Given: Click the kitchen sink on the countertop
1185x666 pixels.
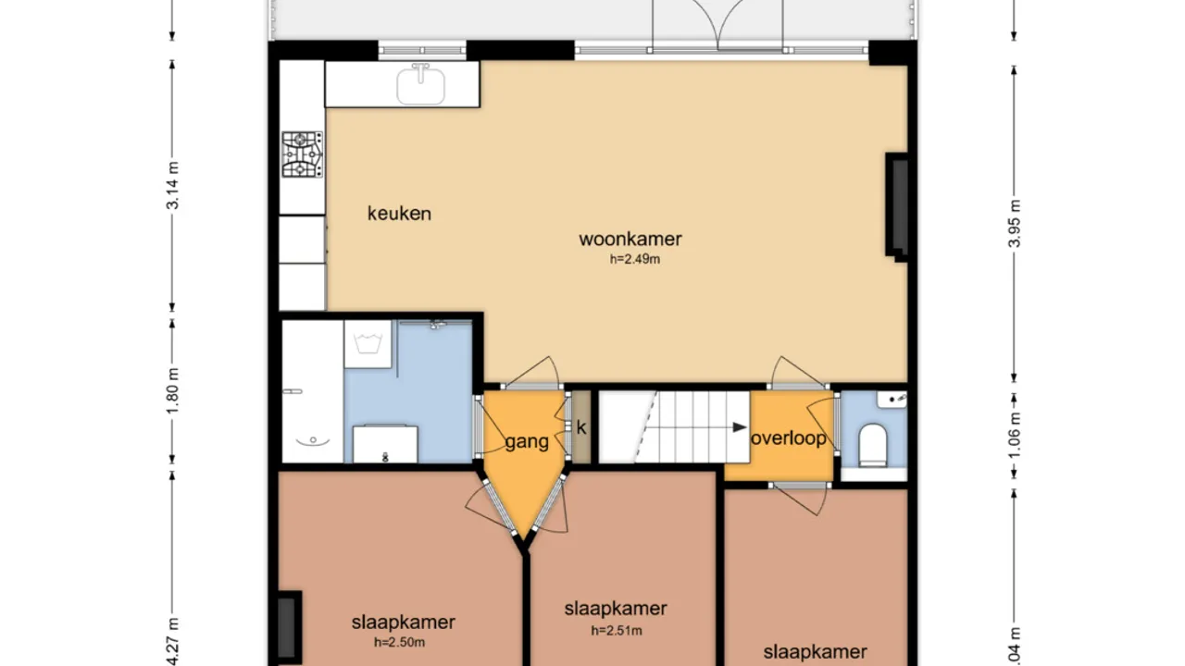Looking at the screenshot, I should point(421,85).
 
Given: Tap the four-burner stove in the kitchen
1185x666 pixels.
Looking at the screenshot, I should point(303,154).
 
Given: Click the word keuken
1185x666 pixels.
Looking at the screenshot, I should point(399,214).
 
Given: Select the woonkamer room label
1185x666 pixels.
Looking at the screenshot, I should point(630,239).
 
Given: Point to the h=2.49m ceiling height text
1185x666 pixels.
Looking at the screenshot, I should point(634,260).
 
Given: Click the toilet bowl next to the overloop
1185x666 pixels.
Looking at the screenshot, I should point(873,445).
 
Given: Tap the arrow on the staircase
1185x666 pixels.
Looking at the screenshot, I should point(737,427).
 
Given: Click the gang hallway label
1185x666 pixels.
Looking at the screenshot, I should point(527,442).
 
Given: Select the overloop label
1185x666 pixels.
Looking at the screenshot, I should point(788,438).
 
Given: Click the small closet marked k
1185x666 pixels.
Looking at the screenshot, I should point(581,427).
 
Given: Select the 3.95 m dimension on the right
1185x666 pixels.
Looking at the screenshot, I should point(1015,224).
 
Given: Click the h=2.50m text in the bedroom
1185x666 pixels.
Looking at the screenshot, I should point(399,643).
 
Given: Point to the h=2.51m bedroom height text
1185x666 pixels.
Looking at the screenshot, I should point(617,631).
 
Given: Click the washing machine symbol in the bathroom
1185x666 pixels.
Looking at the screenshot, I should point(368,344).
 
